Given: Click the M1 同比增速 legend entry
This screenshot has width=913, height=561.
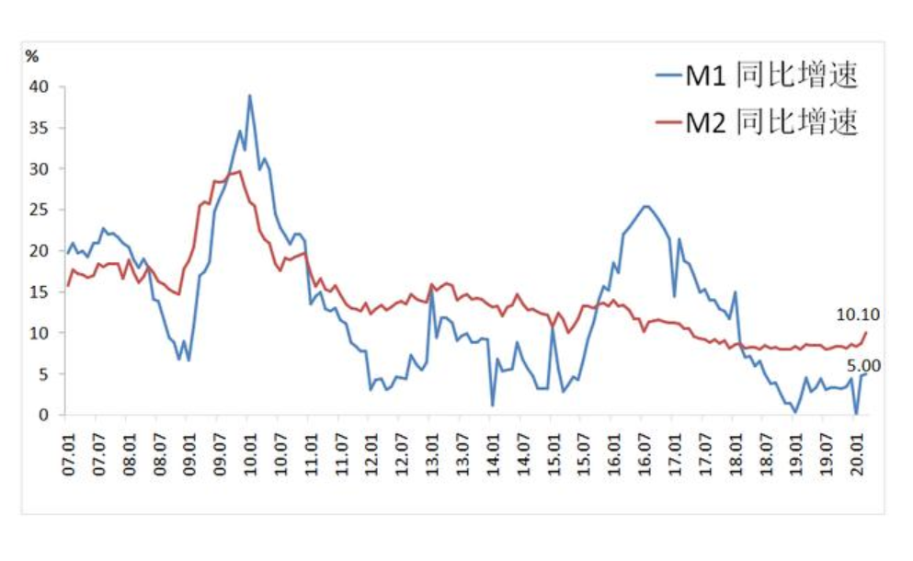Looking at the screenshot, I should tap(757, 76).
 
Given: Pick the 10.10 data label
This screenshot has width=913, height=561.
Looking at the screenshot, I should tap(857, 315).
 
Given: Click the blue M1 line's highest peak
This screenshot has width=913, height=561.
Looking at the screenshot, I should tap(249, 95).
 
